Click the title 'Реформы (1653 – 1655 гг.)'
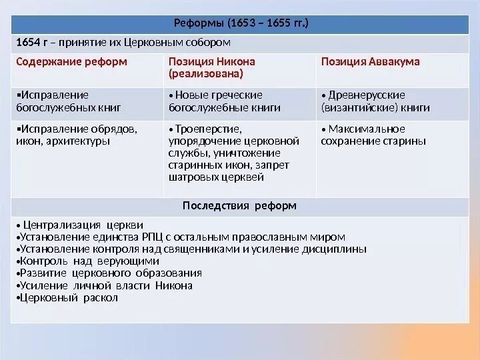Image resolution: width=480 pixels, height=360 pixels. coord(241,24)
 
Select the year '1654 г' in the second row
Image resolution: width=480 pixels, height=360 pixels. coord(29,43)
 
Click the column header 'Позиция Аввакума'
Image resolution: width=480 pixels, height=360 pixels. coord(370,62)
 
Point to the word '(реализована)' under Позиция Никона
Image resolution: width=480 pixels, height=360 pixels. coord(205,73)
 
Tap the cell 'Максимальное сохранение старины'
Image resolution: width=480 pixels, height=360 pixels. coord(373,135)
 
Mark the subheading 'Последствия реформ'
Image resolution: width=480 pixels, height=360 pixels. coord(239,205)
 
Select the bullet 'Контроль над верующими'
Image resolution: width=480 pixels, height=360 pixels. coord(79,261)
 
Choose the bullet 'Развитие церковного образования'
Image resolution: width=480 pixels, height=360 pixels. coord(110,273)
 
